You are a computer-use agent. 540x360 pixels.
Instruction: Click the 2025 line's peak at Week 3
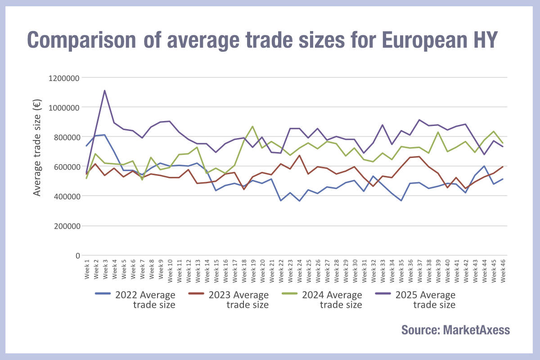(x=105, y=90)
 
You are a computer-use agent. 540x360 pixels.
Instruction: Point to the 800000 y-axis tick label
(x=65, y=137)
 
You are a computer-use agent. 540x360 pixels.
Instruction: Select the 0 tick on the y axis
(x=77, y=256)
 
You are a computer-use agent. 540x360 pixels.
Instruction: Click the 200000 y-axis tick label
(x=65, y=226)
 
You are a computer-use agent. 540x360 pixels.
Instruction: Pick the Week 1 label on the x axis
(x=86, y=270)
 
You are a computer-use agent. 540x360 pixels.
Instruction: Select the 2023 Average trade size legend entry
(x=238, y=300)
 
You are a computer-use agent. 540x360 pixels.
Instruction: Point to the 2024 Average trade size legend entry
(x=332, y=300)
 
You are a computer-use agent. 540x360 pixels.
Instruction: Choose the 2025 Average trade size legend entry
(x=425, y=300)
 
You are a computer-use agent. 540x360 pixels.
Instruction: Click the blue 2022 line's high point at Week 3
(x=105, y=135)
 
